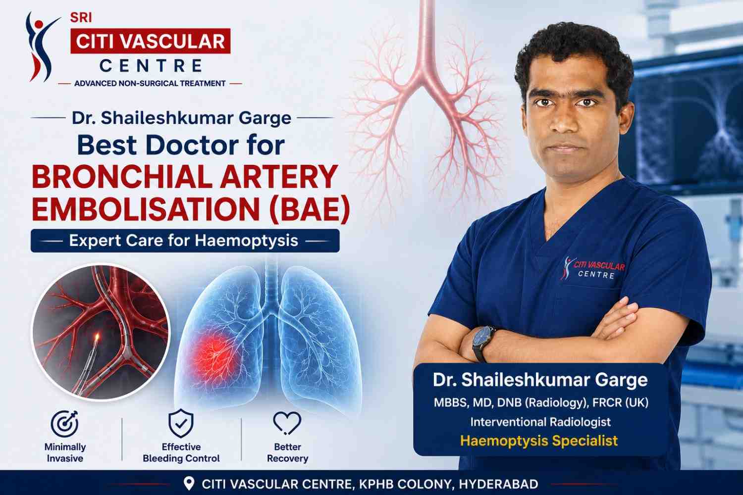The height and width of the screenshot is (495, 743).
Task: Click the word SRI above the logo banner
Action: tap(81, 17)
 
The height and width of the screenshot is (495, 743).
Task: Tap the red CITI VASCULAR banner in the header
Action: tap(151, 41)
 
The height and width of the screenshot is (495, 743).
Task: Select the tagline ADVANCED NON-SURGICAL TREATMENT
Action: tap(150, 84)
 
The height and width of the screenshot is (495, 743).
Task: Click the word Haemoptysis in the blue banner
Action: tap(247, 241)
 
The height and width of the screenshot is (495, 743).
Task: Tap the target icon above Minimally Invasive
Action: tap(64, 424)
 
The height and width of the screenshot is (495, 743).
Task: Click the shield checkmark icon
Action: tap(181, 423)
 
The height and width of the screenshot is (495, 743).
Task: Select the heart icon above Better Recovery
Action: tap(287, 423)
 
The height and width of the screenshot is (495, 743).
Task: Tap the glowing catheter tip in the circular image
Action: tap(97, 338)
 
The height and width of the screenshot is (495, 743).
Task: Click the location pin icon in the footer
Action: tap(189, 484)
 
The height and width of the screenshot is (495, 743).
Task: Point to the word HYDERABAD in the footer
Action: tap(498, 485)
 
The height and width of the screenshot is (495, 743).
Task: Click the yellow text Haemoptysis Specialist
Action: tap(539, 441)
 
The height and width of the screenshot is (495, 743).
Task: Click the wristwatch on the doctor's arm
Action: tap(483, 343)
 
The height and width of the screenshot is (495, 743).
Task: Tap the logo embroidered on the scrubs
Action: tap(592, 268)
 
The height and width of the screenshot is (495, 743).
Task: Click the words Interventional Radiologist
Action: tap(540, 422)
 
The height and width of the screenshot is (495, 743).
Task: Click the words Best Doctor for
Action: tap(181, 145)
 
